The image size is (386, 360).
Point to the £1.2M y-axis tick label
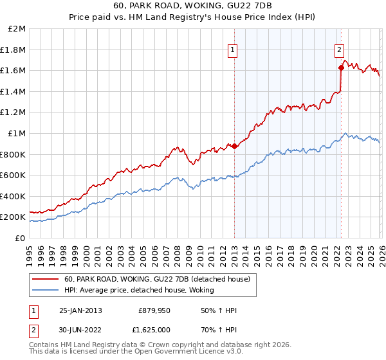tap(14, 113)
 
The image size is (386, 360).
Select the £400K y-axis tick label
tap(14, 196)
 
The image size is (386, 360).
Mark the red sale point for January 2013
tap(234, 146)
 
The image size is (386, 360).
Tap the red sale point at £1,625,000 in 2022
tap(341, 67)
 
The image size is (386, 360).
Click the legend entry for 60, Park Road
tap(161, 278)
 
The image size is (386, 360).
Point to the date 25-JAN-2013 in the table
tap(80, 310)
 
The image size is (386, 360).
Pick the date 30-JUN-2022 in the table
tap(80, 329)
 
